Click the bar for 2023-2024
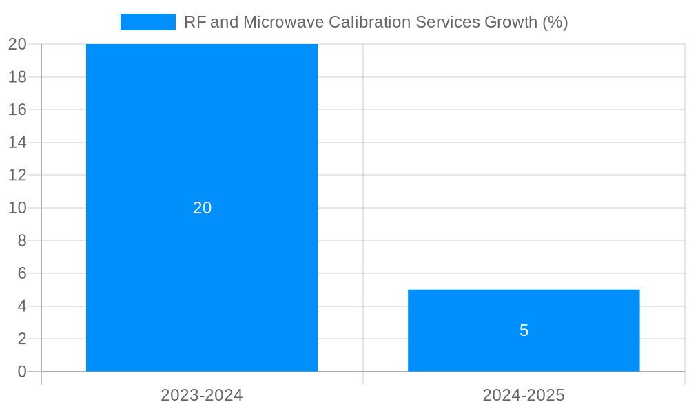[x=202, y=138]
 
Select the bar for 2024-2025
[x=524, y=310]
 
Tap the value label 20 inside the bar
[x=202, y=208]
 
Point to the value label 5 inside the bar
[x=524, y=330]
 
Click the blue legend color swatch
[x=147, y=22]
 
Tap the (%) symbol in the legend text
[x=555, y=22]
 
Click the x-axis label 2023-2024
[x=202, y=395]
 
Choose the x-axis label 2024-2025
[x=524, y=395]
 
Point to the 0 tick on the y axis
[x=21, y=372]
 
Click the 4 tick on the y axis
[x=21, y=306]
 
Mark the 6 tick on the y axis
[x=21, y=273]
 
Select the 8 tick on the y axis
[x=21, y=240]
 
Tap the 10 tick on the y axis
[x=17, y=208]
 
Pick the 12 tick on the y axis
[x=17, y=175]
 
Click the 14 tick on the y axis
[x=17, y=142]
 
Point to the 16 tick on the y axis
[x=17, y=109]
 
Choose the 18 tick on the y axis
[x=17, y=77]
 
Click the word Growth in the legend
[x=511, y=22]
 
